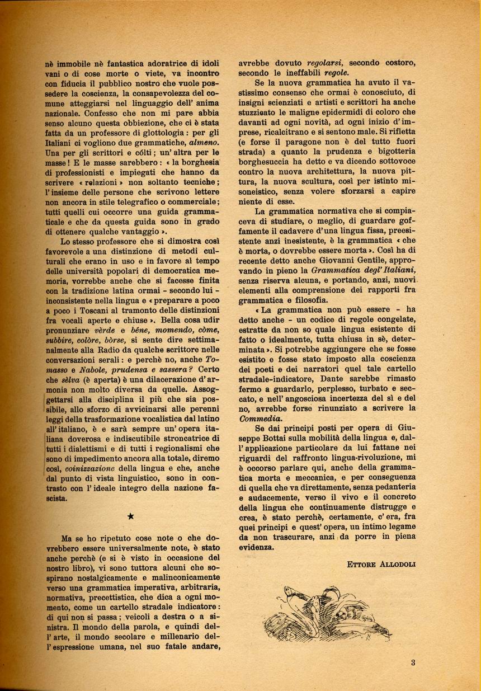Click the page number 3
(413, 663)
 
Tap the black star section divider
(130, 517)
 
